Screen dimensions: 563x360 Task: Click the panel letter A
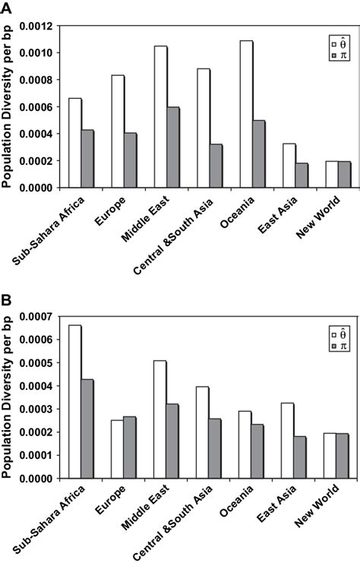pos(7,7)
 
